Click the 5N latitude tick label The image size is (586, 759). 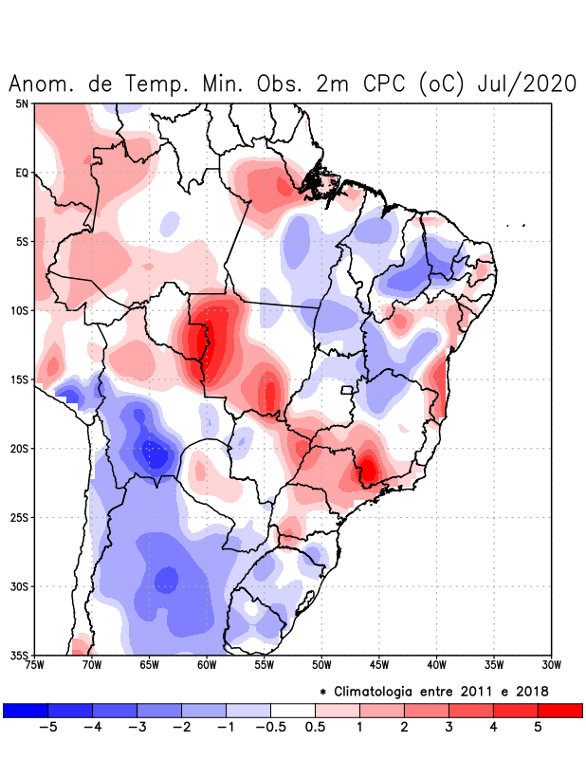click(22, 103)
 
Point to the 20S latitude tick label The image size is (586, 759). click(20, 449)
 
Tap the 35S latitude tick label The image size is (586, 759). click(20, 655)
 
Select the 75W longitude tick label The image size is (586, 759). click(34, 665)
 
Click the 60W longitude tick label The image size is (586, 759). click(207, 665)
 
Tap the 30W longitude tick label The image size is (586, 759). click(551, 665)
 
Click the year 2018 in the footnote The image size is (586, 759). click(533, 691)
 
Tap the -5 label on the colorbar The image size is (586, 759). click(47, 727)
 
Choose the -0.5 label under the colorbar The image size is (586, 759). click(270, 727)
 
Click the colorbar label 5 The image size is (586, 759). click(538, 727)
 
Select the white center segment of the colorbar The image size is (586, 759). click(293, 710)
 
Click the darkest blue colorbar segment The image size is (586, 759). click(26, 710)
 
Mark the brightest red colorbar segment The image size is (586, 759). click(560, 710)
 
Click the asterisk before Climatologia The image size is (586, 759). click(322, 692)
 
